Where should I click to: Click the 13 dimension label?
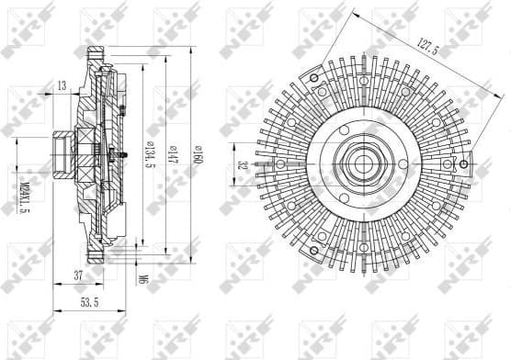62,85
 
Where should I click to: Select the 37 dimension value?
80,275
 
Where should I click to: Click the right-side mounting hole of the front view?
448,165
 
